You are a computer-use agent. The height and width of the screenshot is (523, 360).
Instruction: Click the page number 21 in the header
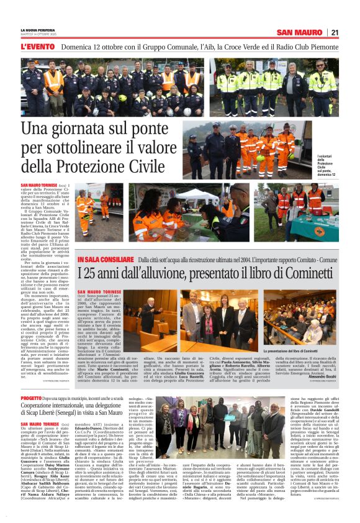point(334,32)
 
